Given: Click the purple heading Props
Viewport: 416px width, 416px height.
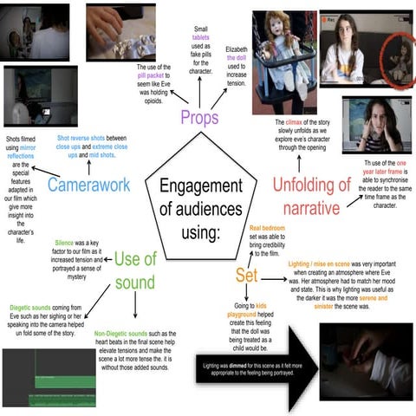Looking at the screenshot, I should (x=200, y=116).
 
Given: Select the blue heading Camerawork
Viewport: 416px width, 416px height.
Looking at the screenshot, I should (x=89, y=185).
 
